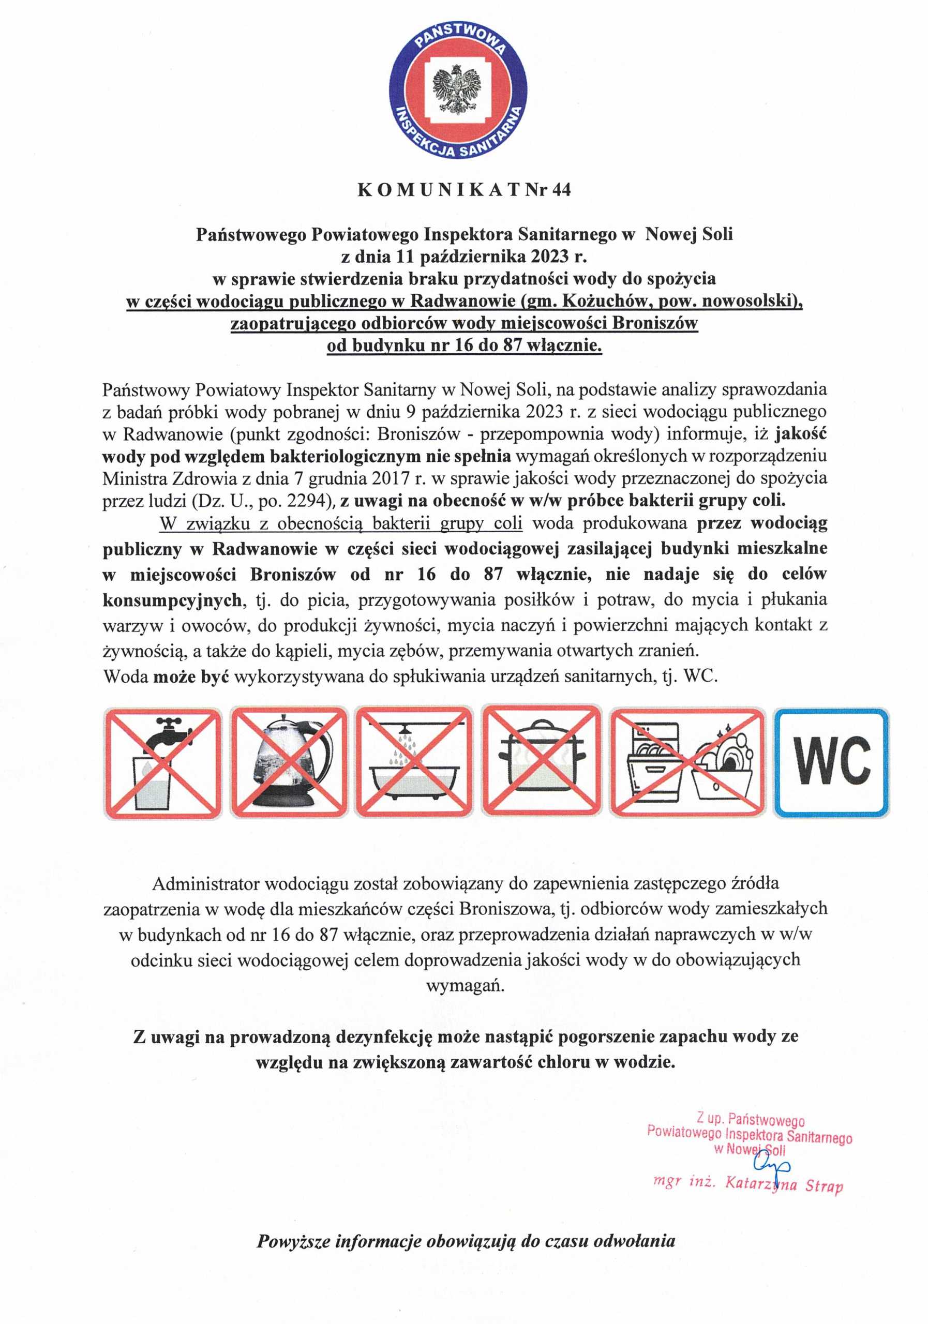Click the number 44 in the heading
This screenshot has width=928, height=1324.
(x=561, y=190)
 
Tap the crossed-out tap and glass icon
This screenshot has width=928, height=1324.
(x=162, y=762)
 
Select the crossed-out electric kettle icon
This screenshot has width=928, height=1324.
(x=288, y=762)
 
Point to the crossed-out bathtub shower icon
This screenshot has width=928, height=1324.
(x=413, y=762)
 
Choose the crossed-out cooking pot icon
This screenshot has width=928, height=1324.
(x=541, y=762)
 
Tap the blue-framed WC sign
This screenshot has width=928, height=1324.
(x=831, y=762)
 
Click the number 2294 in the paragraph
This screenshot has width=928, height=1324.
(x=305, y=501)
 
